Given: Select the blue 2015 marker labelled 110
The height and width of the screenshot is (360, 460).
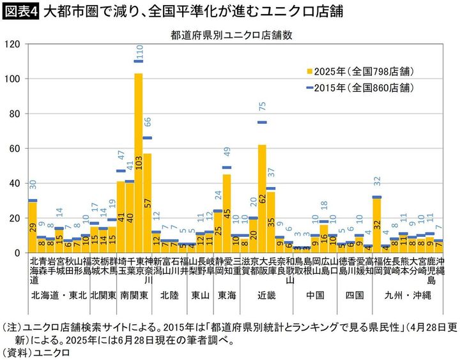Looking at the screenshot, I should (x=139, y=61).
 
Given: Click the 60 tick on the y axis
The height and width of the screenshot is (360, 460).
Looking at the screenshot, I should (x=18, y=149).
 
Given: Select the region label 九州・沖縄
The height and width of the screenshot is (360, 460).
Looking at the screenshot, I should (x=408, y=295).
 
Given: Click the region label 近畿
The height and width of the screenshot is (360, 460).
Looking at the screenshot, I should (x=266, y=295).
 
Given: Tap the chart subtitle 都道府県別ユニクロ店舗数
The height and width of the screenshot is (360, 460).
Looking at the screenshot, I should (x=232, y=34).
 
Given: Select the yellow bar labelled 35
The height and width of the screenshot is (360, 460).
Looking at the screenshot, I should (x=271, y=222).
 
